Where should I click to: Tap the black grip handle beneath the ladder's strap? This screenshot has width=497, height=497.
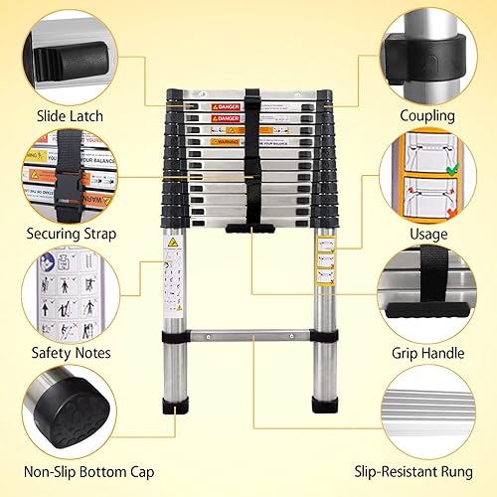251,230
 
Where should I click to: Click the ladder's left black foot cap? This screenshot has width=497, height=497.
174,406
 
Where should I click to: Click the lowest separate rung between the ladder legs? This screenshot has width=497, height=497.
251,335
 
